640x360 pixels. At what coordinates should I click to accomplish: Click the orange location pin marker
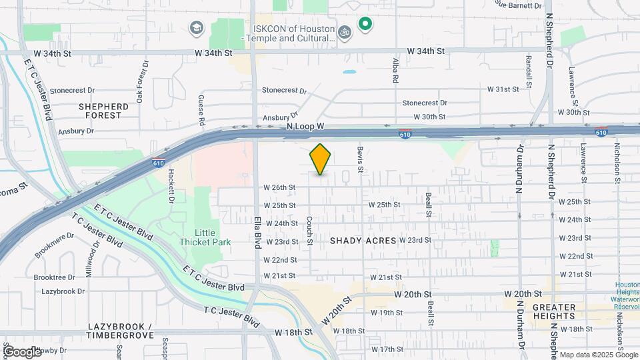(x=321, y=159)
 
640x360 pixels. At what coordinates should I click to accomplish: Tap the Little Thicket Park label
(x=205, y=237)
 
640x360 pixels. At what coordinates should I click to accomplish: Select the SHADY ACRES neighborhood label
(x=363, y=240)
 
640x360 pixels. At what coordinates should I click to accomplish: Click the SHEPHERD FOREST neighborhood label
(x=103, y=111)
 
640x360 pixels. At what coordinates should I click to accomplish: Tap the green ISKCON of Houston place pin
(x=365, y=25)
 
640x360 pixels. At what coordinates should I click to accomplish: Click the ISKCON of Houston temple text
(x=293, y=33)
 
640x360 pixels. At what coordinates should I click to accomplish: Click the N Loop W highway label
(x=305, y=126)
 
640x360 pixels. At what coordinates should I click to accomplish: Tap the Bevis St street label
(x=360, y=160)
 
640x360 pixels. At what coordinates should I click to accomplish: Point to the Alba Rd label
(x=395, y=69)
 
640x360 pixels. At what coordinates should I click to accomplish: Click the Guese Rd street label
(x=201, y=110)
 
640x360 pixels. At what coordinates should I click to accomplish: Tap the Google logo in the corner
(x=22, y=351)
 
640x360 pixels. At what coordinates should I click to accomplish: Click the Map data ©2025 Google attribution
(x=598, y=355)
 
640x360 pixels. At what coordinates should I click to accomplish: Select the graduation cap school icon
(x=197, y=27)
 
